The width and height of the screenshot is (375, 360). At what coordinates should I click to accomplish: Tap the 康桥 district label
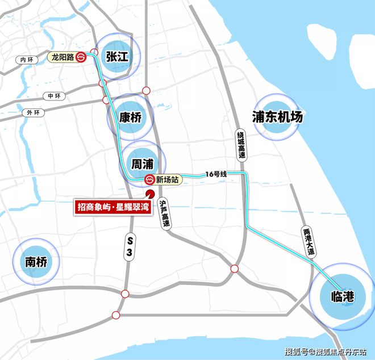(130, 118)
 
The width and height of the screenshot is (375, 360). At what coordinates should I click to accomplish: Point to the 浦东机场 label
(278, 117)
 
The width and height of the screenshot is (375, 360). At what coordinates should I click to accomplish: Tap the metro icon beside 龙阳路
(82, 57)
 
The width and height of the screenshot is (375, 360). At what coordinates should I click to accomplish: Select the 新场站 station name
(168, 180)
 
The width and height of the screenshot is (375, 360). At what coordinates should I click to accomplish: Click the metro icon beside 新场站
(149, 180)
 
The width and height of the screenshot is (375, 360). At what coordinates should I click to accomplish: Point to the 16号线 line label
(216, 173)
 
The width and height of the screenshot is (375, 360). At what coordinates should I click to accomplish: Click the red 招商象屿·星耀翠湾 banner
(116, 205)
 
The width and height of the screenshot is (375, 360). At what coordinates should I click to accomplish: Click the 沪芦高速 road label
(165, 213)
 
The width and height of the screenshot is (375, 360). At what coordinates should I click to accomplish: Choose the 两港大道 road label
(307, 241)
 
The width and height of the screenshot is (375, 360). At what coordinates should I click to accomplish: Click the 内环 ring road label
(27, 59)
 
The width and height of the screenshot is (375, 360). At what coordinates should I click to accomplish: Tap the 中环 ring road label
(54, 96)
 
